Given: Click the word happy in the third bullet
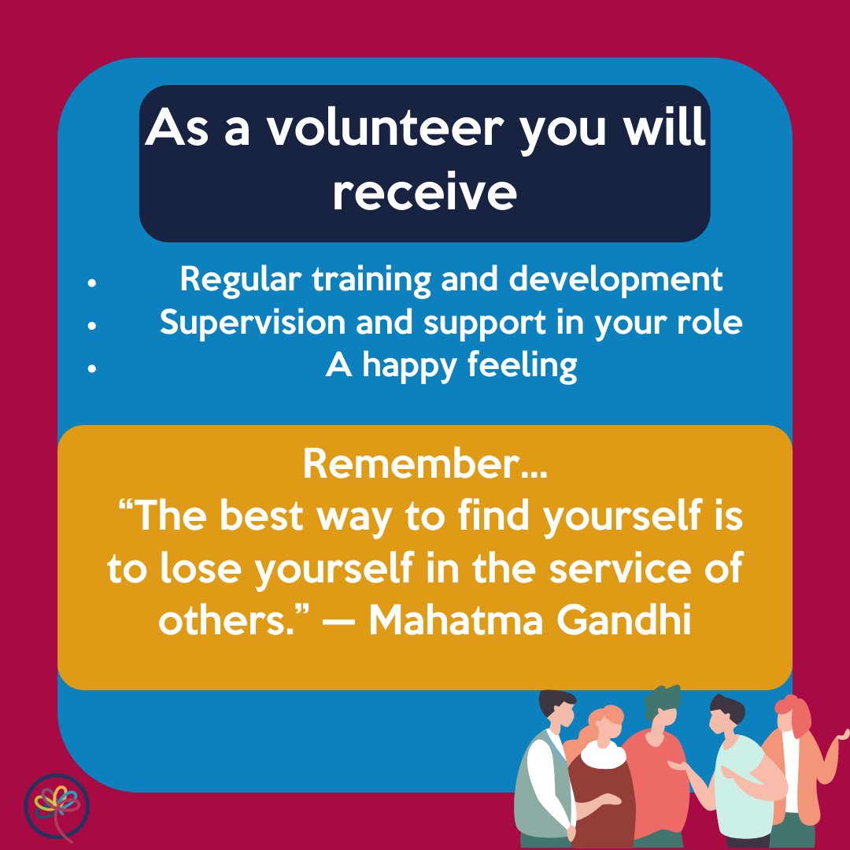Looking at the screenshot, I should coord(408,365).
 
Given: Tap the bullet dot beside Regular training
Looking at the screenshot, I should coord(93,282).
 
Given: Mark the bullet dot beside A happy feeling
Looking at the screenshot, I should coord(93,368).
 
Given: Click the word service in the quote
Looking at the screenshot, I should coord(623,569).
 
